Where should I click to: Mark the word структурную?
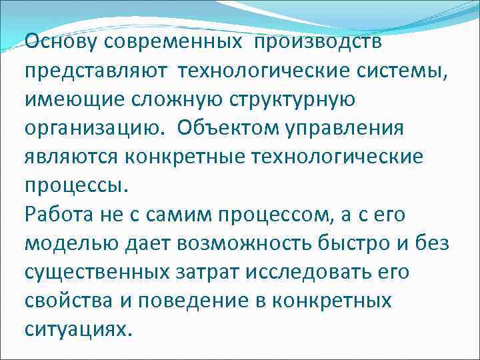coord(285,101)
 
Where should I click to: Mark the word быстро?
coord(356,244)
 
